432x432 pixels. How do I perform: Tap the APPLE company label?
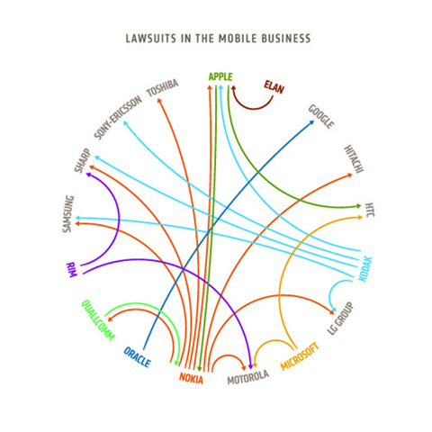coord(220,76)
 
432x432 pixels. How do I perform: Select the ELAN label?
coord(274,86)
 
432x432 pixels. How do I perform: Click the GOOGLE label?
coord(321,117)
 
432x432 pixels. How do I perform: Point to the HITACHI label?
coord(354,159)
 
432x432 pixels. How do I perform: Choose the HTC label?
coord(370,210)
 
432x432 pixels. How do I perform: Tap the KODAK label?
coord(365,269)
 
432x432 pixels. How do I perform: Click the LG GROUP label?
coord(340,319)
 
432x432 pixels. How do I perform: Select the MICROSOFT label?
coord(300,356)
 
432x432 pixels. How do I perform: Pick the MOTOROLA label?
coord(247,377)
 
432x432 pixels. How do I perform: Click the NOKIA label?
coord(191,378)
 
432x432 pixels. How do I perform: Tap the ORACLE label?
coord(137,357)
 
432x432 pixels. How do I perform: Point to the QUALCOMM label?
coord(98,320)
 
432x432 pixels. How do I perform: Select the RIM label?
coord(71,270)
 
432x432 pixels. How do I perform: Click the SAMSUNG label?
coord(68,214)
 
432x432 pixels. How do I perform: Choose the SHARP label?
coord(83,160)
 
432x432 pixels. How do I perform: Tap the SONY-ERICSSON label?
coord(118,118)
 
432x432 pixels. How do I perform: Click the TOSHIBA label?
coord(162,88)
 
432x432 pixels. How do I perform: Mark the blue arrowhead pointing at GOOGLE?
coord(311,122)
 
